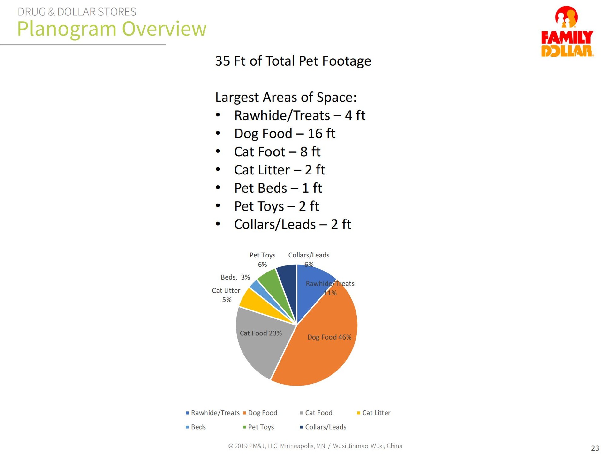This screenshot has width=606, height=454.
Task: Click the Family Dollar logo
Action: tap(567, 32)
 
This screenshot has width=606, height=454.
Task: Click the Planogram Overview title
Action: tap(112, 29)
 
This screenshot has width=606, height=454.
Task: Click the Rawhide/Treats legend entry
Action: tap(213, 413)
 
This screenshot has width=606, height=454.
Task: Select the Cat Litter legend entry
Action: tap(374, 413)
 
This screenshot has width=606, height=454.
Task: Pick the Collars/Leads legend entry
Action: tap(323, 427)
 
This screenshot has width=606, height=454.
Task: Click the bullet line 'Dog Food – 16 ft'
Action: tap(284, 134)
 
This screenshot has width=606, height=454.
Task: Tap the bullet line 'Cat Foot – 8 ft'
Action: tap(277, 152)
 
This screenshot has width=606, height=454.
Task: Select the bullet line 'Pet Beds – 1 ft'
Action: tap(278, 188)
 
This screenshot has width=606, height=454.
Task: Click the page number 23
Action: tap(595, 448)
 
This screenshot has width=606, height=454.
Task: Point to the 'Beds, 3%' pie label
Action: tap(235, 277)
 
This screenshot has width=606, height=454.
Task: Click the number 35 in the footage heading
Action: tap(223, 61)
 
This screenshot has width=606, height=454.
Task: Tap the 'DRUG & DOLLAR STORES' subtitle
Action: tap(77, 12)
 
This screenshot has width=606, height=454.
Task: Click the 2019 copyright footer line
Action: tap(315, 446)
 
